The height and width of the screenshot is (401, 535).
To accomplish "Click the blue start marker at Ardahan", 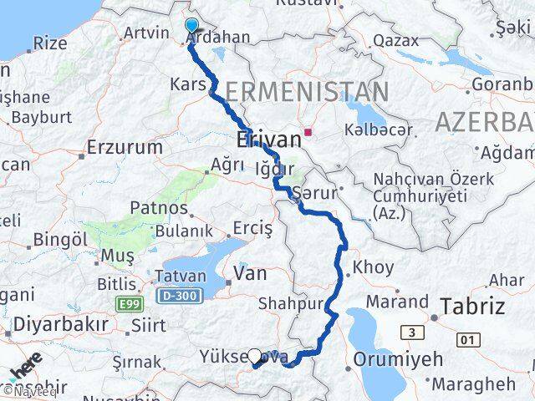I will pos(191,26).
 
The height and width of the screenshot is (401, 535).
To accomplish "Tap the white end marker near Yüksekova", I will pos(255,355).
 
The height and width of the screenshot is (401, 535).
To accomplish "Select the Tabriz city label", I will pos(473,306).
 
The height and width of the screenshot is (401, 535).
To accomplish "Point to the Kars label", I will pos(188,84).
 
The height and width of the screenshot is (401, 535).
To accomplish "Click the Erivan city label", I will pos(267,140).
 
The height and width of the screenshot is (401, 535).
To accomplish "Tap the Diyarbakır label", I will pos(53,324).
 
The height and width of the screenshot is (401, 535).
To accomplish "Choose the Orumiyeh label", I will pos(397,358).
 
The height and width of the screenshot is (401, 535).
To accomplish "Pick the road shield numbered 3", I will pos(412,333).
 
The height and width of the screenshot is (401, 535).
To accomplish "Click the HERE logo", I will pos(26,368).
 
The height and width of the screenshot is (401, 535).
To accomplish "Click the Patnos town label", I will pos(159,208).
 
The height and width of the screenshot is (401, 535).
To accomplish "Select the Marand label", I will pos(403,301).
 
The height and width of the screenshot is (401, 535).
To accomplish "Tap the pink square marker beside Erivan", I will pos(308,130).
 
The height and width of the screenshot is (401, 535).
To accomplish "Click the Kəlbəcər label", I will pos(378,130).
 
